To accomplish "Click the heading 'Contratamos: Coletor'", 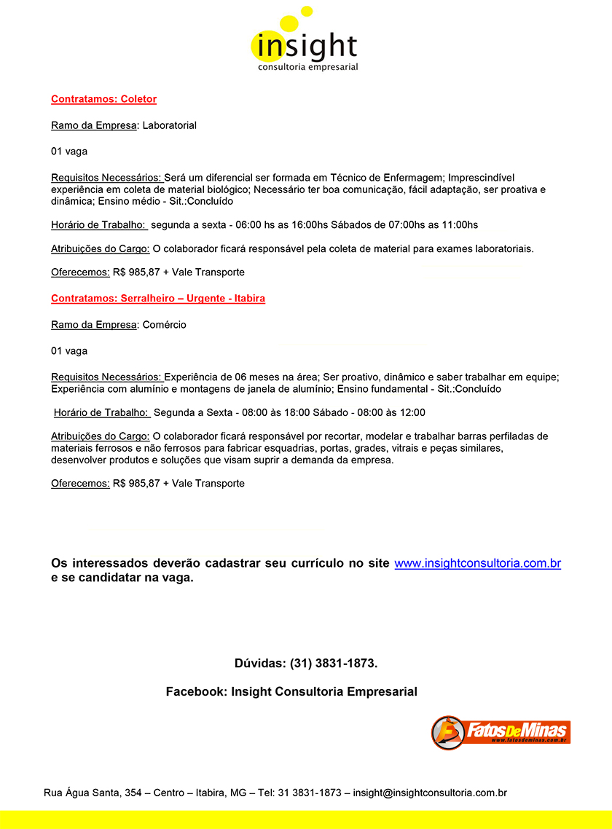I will [x=103, y=99].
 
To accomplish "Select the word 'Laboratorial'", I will [x=170, y=125].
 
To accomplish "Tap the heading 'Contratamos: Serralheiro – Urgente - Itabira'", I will [x=158, y=299].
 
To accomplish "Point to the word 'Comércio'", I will [x=164, y=325].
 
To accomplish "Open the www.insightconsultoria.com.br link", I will [x=477, y=563].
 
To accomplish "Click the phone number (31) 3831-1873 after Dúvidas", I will [x=333, y=664].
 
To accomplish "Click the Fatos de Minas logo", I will [x=501, y=731].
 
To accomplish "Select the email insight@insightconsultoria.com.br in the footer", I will [x=430, y=793].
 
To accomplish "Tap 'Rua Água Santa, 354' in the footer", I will [x=93, y=793].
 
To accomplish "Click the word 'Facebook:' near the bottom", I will [x=197, y=691].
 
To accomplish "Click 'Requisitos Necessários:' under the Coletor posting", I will [x=106, y=178].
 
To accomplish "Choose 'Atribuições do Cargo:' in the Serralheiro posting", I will [x=101, y=436].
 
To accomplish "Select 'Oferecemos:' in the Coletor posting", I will [x=80, y=272].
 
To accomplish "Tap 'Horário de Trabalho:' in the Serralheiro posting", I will [x=102, y=413].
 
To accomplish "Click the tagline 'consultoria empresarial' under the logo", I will [x=308, y=67].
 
